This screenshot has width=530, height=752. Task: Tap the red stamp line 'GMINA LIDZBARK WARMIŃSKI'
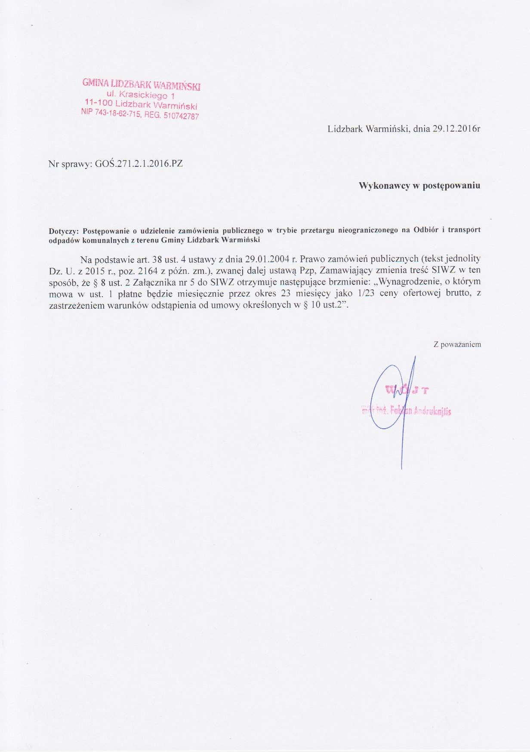142,84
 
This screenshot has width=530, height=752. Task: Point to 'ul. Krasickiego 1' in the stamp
140,94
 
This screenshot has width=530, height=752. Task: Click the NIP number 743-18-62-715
117,113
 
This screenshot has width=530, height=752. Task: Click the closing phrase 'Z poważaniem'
457,344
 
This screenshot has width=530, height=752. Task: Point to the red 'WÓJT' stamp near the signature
407,390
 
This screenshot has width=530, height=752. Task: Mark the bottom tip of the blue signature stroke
401,468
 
